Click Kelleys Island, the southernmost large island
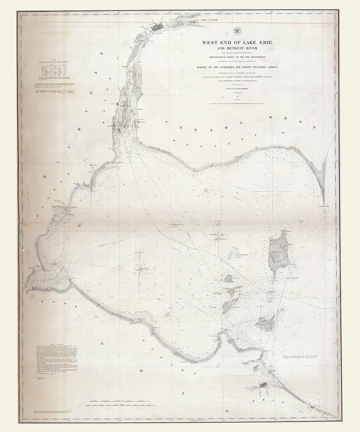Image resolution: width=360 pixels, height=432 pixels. (266, 323)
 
